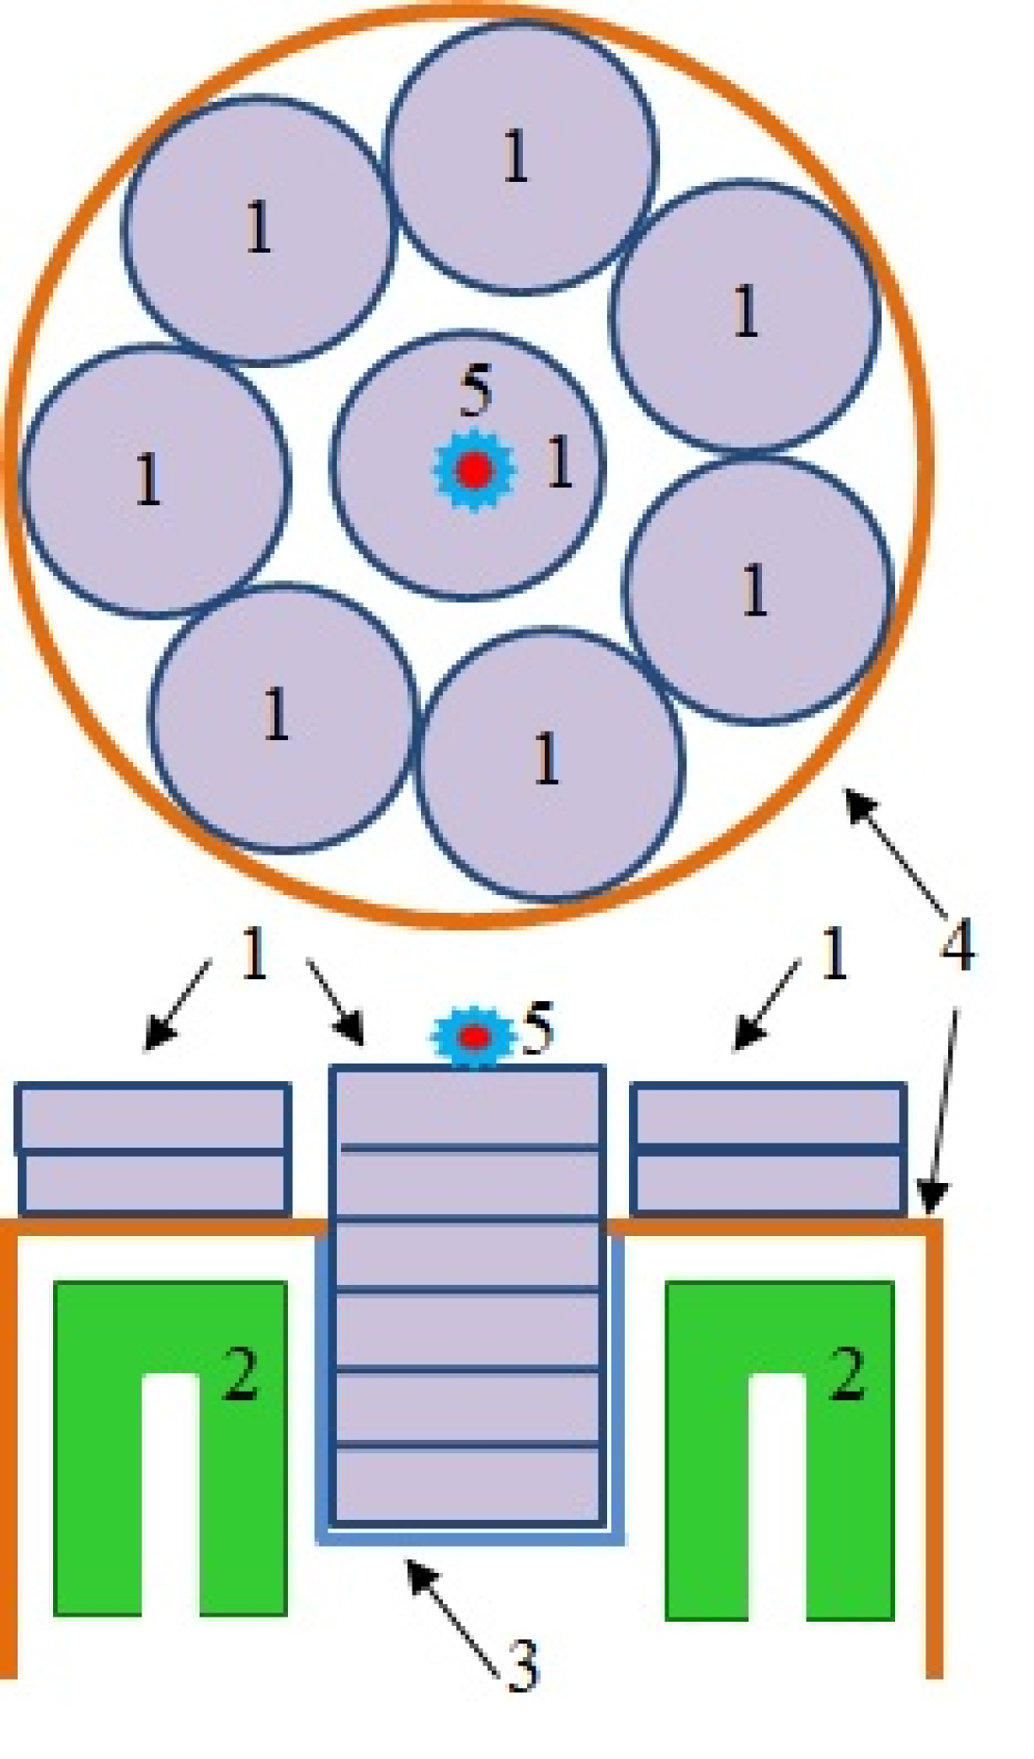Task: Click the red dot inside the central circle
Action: tap(473, 470)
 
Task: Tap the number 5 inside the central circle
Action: tap(476, 392)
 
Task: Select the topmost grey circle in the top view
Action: tap(521, 157)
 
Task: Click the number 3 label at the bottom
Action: tap(523, 1666)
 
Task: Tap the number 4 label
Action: tap(957, 945)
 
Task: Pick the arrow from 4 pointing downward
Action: tap(941, 1111)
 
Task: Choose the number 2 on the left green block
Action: tap(240, 1374)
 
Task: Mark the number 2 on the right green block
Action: tap(846, 1374)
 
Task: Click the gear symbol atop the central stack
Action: tap(473, 1037)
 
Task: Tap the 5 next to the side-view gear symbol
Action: tap(538, 1029)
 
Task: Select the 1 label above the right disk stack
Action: tap(833, 955)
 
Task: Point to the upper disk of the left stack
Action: tap(153, 1117)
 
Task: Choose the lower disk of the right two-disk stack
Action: tap(768, 1183)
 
